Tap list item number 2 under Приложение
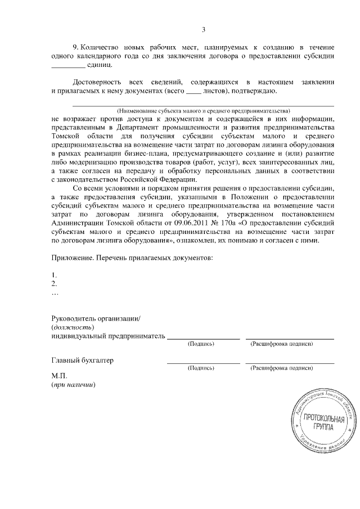pyautogui.click(x=54, y=284)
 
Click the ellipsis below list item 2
pyautogui.click(x=55, y=293)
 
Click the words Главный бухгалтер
pyautogui.click(x=83, y=361)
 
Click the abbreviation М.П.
pyautogui.click(x=59, y=377)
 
